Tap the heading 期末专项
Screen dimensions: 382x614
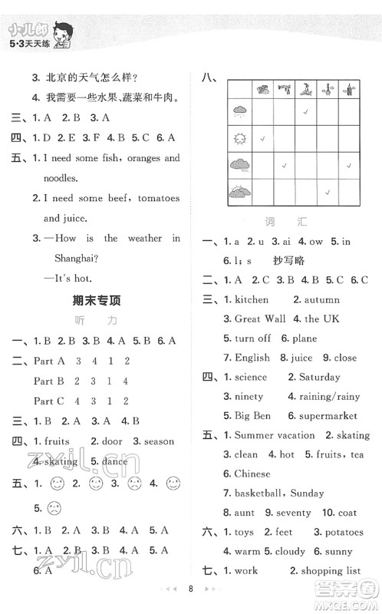(x=95, y=300)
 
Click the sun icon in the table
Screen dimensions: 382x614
(x=237, y=139)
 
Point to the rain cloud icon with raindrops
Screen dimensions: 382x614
(x=237, y=112)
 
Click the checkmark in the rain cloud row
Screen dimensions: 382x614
(x=305, y=112)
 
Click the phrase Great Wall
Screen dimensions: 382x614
(x=260, y=319)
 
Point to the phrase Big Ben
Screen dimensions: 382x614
(x=252, y=415)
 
